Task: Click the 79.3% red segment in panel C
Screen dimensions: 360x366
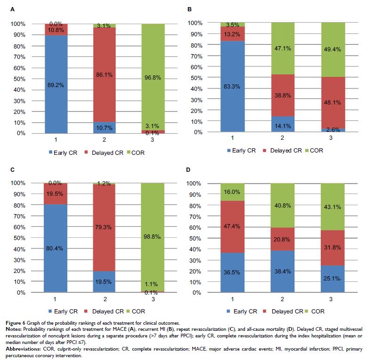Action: (110, 228)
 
